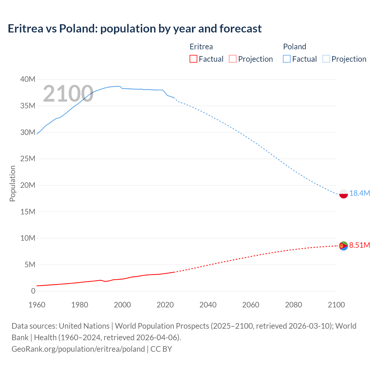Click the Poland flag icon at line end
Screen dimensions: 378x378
point(343,194)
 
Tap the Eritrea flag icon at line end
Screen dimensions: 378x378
point(343,246)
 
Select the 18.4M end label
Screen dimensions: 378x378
point(359,193)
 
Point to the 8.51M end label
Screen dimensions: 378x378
point(359,245)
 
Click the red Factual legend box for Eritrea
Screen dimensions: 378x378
point(193,59)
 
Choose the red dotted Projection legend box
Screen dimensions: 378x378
point(233,59)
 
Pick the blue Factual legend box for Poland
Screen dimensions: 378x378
point(287,59)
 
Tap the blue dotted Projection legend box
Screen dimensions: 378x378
point(326,59)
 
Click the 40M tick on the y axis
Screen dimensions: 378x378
point(28,79)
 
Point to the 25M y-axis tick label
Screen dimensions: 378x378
point(28,159)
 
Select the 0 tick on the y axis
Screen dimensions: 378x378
point(33,291)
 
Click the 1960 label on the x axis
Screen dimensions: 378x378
point(37,305)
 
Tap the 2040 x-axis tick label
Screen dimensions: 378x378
point(208,305)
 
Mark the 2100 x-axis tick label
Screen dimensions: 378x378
point(336,305)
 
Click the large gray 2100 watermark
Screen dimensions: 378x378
point(68,94)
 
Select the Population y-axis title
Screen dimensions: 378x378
point(12,183)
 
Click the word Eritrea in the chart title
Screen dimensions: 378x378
point(25,29)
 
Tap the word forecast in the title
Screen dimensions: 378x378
point(240,29)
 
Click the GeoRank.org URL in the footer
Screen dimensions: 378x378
point(78,349)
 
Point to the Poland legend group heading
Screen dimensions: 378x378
point(294,47)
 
